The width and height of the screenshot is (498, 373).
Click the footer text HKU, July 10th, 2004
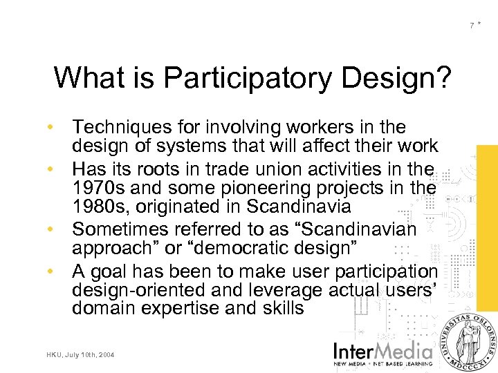click(x=81, y=355)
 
